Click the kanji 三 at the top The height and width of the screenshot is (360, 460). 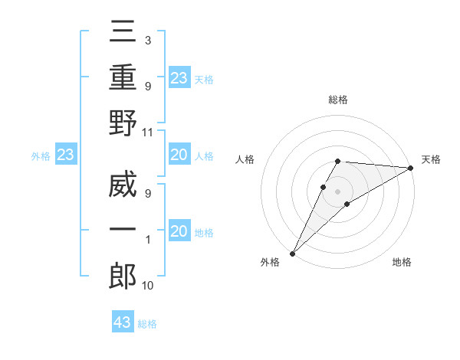pyautogui.click(x=123, y=34)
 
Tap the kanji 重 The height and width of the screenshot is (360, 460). pyautogui.click(x=123, y=77)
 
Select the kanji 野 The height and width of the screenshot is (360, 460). pyautogui.click(x=123, y=123)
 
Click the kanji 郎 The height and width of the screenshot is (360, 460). pyautogui.click(x=123, y=275)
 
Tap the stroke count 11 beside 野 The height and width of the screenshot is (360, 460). pyautogui.click(x=148, y=132)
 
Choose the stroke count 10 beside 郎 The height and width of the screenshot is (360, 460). pyautogui.click(x=148, y=286)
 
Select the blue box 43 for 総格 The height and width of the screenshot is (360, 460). pyautogui.click(x=123, y=322)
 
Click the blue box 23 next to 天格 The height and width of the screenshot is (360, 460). pyautogui.click(x=179, y=77)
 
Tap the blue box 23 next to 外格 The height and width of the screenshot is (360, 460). pyautogui.click(x=65, y=155)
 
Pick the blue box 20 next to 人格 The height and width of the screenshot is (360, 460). pyautogui.click(x=179, y=155)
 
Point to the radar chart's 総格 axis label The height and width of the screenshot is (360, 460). pyautogui.click(x=338, y=100)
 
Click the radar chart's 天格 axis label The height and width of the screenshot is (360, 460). pyautogui.click(x=431, y=159)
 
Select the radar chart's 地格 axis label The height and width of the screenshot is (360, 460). pyautogui.click(x=402, y=262)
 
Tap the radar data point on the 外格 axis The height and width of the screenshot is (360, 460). pyautogui.click(x=292, y=254)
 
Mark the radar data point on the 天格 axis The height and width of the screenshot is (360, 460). pyautogui.click(x=411, y=168)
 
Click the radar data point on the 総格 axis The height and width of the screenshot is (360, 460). pyautogui.click(x=338, y=161)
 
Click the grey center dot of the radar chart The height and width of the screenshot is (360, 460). pyautogui.click(x=338, y=191)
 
